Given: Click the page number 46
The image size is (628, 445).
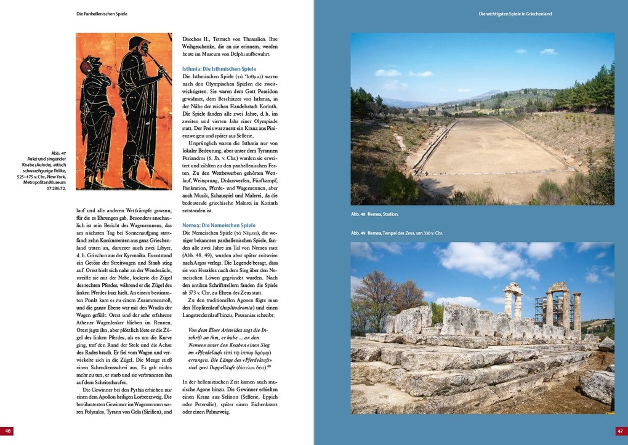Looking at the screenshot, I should tap(7, 431).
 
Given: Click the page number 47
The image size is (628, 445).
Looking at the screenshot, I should tap(621, 431).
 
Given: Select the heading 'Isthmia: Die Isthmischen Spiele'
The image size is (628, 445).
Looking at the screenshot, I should tap(219, 69).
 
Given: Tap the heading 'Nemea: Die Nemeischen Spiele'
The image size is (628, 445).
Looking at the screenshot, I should tap(219, 225).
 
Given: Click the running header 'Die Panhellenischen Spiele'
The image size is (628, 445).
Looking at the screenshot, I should tap(106, 13).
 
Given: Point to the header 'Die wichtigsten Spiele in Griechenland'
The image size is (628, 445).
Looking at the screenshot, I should tap(523, 13).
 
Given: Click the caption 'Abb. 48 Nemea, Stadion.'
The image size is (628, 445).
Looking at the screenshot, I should tap(375, 214).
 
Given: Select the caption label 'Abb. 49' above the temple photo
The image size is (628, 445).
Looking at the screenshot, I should tap(358, 233).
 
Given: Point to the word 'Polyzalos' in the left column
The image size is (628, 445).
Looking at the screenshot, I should tap(94, 412).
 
